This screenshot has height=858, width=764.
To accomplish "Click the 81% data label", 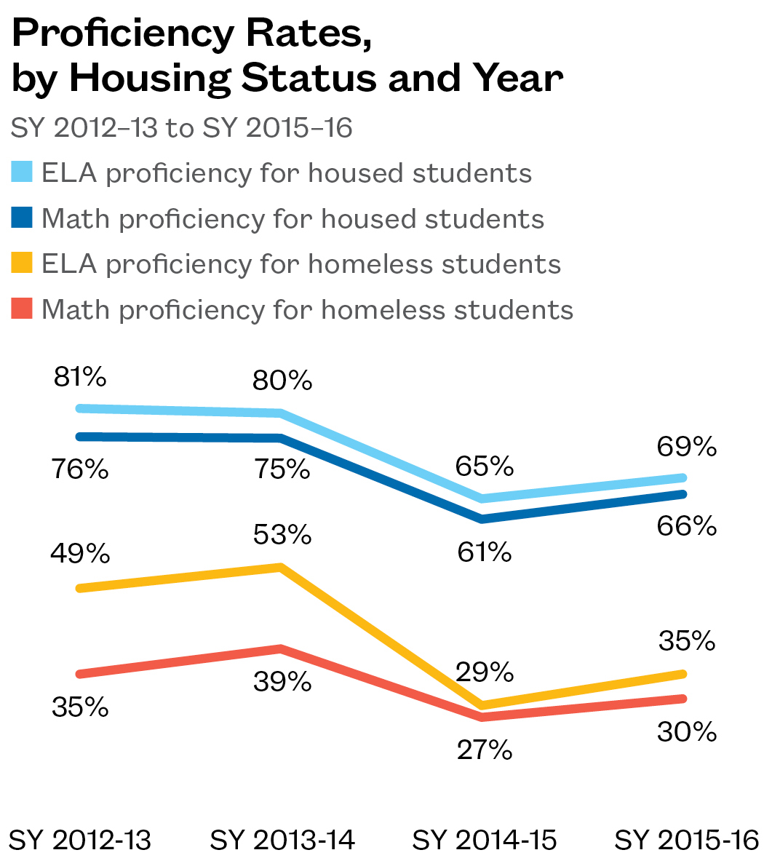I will coord(80,378).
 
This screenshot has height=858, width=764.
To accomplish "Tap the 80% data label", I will coord(282,381).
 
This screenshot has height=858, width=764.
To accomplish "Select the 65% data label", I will coord(485,466).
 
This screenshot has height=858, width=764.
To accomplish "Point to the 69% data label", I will coord(687,447).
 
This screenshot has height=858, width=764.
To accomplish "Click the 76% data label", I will coord(80,469).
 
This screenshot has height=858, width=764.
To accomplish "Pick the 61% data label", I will coord(485,552).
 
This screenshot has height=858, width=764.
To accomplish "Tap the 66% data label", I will coord(687,525).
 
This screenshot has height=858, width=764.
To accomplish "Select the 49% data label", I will coord(80,554).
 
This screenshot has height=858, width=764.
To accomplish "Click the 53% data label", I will coord(282,535).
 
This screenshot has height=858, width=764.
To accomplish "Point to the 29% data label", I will coord(485,672).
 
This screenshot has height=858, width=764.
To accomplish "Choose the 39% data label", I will coord(282,682).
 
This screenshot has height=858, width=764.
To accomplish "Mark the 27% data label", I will coord(485,750).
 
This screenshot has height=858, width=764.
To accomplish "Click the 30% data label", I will coord(687,731).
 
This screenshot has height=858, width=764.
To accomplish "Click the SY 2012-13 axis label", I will coord(80,841).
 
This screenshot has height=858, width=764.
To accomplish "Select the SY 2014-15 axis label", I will coord(485,841).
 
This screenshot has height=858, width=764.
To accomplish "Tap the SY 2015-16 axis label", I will coord(687,841).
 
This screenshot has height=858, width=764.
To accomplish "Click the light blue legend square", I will coord(23,173).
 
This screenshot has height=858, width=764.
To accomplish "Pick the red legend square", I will coord(23,309).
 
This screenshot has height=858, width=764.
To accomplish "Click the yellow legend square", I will coord(23,264).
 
